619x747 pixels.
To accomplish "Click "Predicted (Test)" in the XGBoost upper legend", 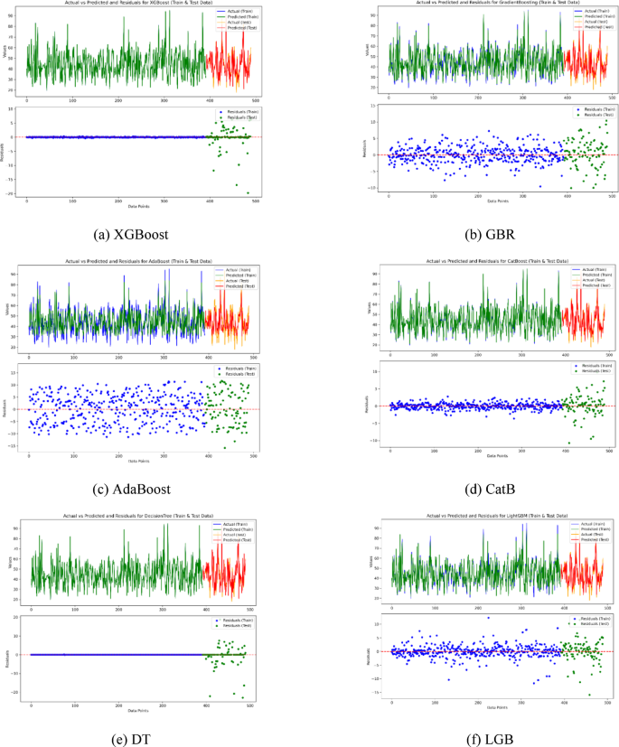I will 234,32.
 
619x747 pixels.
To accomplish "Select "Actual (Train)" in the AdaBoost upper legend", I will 232,271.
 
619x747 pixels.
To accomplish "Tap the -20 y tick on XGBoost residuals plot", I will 11,193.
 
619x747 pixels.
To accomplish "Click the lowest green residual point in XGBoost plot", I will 248,192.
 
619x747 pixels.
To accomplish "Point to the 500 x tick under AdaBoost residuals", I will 253,455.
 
